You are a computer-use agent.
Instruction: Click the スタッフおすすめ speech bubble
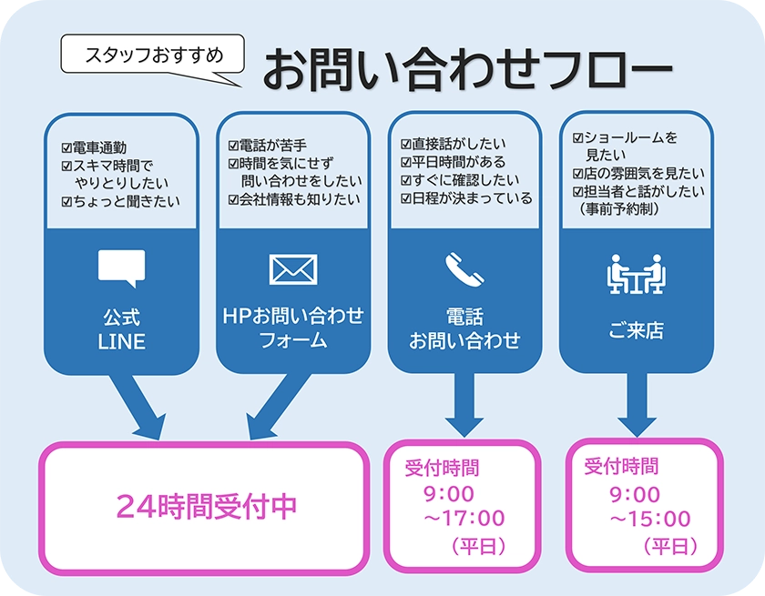153,55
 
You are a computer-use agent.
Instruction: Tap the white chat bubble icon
121,268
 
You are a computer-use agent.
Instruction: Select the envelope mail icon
292,269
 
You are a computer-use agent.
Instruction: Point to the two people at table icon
636,276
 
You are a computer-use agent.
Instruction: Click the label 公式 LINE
121,330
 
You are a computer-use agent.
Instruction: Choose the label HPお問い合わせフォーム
292,328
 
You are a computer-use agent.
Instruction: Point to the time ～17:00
464,519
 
